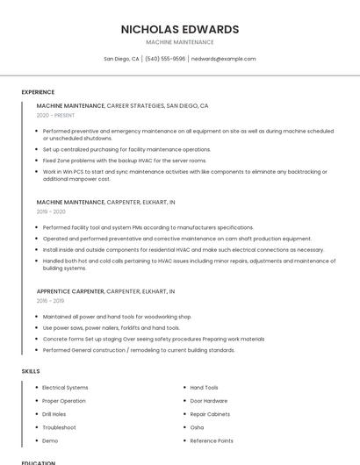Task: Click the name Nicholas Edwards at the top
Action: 180,29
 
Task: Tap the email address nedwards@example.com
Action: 223,59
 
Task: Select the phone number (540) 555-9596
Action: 165,59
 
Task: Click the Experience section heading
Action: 38,92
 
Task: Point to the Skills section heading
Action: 30,371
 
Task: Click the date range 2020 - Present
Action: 55,115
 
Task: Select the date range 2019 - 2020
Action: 51,211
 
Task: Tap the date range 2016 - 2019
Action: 51,300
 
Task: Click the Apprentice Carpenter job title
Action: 70,290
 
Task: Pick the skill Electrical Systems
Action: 65,387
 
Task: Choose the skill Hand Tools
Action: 204,387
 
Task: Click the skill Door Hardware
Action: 208,401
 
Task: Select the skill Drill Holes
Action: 54,414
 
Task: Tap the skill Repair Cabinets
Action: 210,414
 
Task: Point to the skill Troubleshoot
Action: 59,427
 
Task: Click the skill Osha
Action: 197,427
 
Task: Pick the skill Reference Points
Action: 212,440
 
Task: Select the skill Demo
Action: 50,440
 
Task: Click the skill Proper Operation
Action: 64,401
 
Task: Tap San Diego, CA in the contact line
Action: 121,59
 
